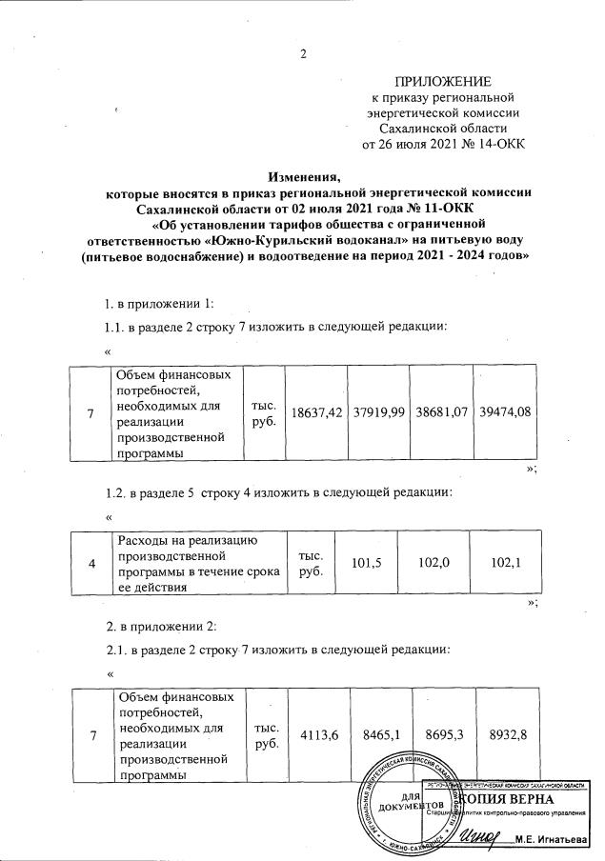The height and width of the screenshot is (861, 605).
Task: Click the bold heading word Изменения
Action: click(x=304, y=176)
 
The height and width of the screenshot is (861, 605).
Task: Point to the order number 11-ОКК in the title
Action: click(x=444, y=207)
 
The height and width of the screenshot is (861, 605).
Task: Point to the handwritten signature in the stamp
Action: click(x=480, y=834)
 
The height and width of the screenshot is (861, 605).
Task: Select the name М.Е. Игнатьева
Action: click(x=554, y=839)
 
